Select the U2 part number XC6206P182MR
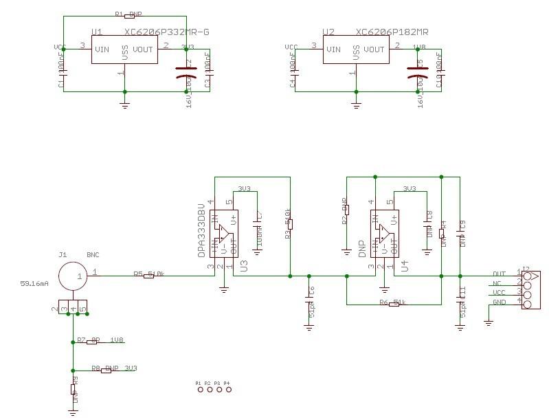[392, 32]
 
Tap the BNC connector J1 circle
[72, 276]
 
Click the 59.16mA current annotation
[34, 283]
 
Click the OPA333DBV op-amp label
[202, 230]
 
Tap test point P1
[201, 390]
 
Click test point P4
[228, 390]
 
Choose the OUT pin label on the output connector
[500, 274]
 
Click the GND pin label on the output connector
[500, 302]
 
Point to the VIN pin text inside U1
[102, 49]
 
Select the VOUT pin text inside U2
[374, 49]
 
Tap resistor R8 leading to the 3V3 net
[107, 370]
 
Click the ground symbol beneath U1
[124, 104]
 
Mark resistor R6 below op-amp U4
[394, 304]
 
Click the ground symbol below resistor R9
[73, 412]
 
